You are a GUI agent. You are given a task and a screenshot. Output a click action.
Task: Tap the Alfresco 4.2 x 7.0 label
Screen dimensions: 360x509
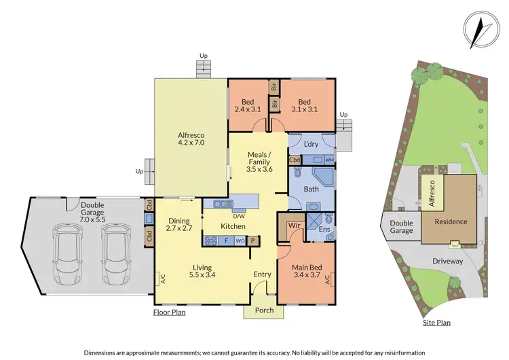pyautogui.click(x=191, y=139)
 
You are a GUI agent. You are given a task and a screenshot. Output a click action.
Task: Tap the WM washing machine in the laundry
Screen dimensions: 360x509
pyautogui.click(x=329, y=160)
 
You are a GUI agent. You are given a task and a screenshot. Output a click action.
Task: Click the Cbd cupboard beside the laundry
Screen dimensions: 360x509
pyautogui.click(x=295, y=160)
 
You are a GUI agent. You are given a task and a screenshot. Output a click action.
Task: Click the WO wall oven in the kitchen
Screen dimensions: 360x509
pyautogui.click(x=239, y=240)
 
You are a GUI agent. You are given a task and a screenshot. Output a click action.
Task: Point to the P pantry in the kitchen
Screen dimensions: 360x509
pyautogui.click(x=253, y=240)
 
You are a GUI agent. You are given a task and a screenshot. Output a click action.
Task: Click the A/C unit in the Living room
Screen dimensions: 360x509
pyautogui.click(x=161, y=278)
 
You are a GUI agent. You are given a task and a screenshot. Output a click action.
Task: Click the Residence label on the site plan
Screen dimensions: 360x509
pyautogui.click(x=451, y=221)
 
